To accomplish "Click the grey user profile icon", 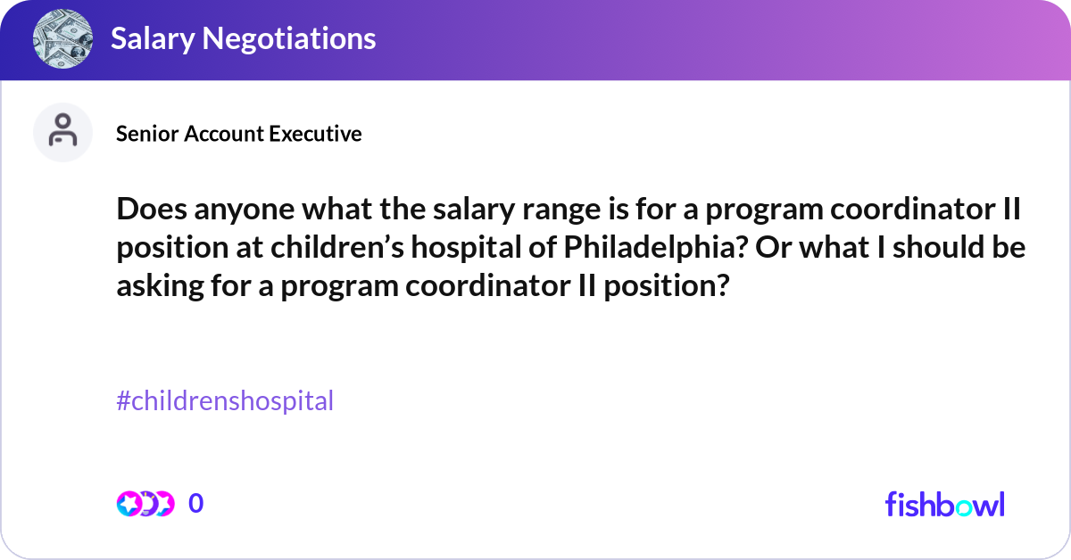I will (x=62, y=132).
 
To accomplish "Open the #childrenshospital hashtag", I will (x=225, y=401).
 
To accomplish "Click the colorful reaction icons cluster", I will (x=145, y=504).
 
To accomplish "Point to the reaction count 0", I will (x=196, y=504).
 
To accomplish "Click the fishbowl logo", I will (x=944, y=505).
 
